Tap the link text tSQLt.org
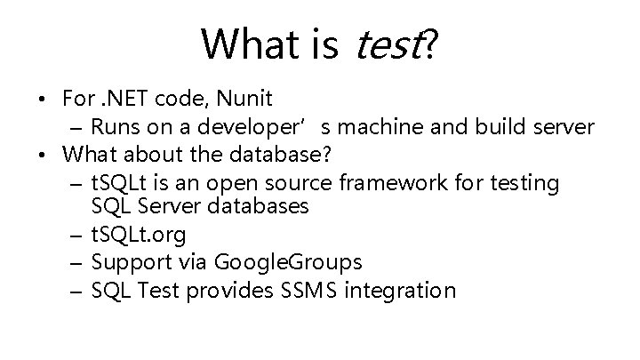pos(140,235)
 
